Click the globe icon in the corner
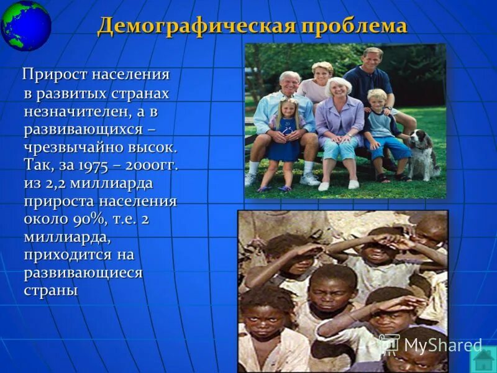25,25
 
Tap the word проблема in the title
354,26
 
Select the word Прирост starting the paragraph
55,75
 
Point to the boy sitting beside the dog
380,131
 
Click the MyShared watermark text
442,345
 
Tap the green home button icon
483,359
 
